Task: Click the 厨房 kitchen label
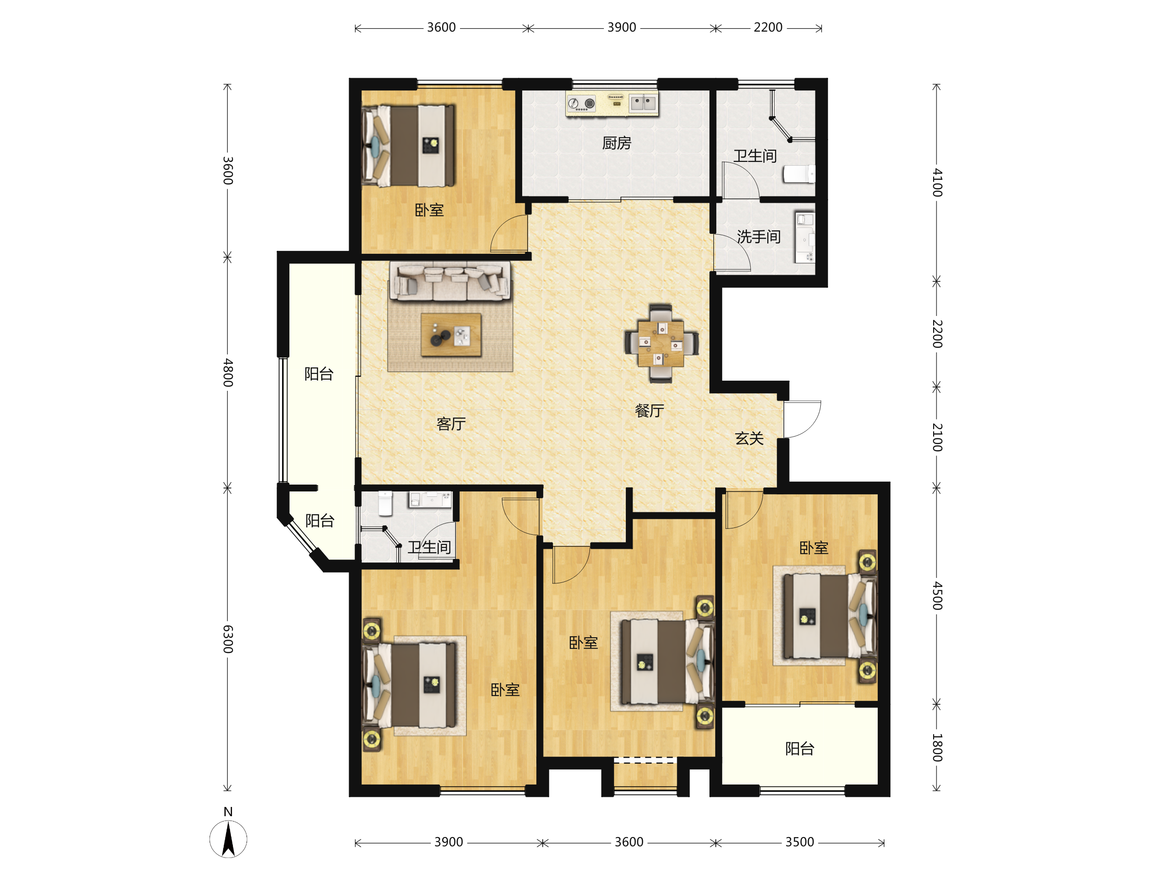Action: pos(616,143)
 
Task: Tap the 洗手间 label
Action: pos(758,237)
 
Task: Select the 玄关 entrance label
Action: pos(749,438)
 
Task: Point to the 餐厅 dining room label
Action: pos(650,411)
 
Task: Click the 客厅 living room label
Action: pos(451,424)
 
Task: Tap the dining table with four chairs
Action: pos(661,343)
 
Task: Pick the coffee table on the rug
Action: pos(451,335)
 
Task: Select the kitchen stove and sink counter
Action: pos(612,104)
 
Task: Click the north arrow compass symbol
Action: pos(228,839)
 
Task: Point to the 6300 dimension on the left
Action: pos(228,639)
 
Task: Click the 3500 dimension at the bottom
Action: pos(799,842)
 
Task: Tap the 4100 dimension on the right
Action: pos(937,182)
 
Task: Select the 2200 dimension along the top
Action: pos(768,27)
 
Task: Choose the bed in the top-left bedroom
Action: pos(408,145)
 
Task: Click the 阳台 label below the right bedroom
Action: pos(799,749)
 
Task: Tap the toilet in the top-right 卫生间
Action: pos(799,174)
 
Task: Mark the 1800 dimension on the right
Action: pos(937,748)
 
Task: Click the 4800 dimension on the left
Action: pos(228,373)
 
